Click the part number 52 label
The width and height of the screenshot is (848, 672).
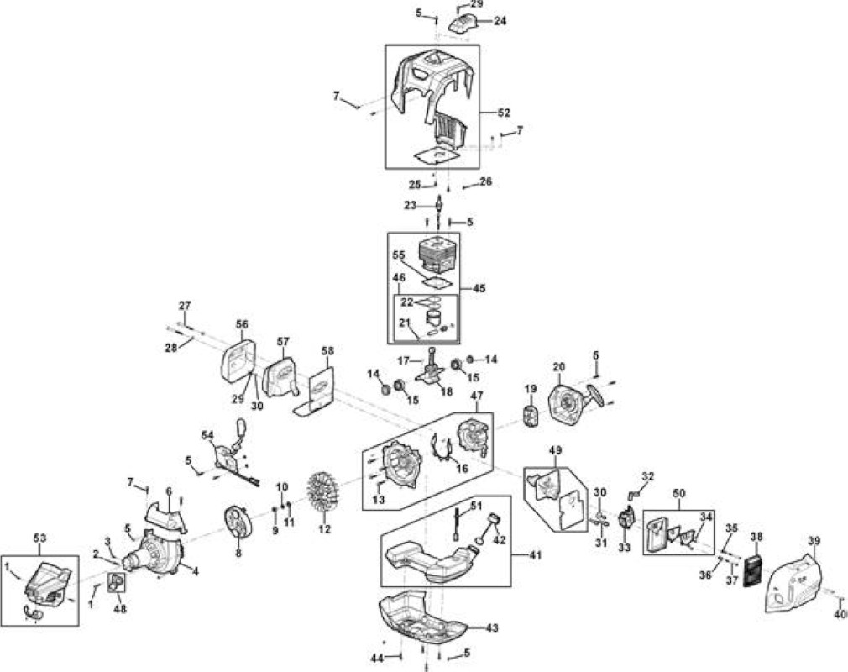[504, 113]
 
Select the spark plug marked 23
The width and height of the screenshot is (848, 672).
[438, 206]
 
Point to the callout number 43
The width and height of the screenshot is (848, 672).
[492, 627]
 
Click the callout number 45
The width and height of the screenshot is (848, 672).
[479, 288]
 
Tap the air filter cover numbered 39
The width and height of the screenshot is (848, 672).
[794, 582]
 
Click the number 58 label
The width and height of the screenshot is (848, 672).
[327, 350]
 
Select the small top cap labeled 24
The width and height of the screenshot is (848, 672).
[463, 24]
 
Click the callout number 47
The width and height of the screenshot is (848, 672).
[476, 396]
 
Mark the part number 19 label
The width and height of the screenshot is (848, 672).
[531, 388]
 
